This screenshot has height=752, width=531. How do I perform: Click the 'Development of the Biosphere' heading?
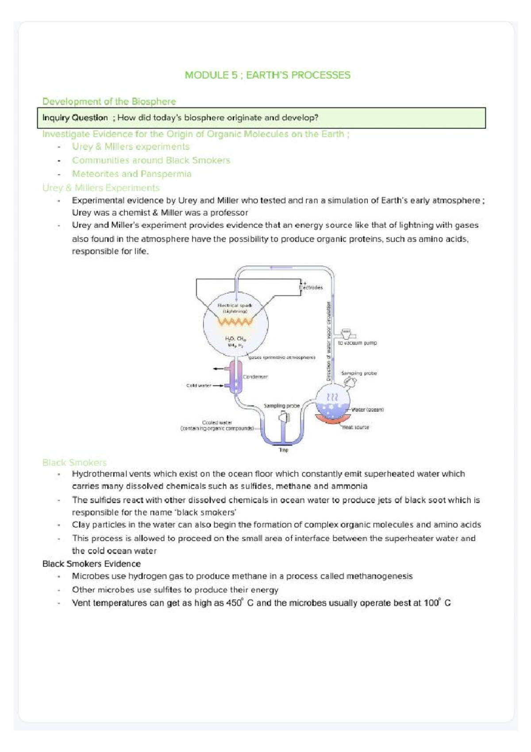pos(109,101)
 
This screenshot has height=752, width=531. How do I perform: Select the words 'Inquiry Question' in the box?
pos(75,118)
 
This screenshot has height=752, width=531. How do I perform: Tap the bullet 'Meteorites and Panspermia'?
pos(131,174)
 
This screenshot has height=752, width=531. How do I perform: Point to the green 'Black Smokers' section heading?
pos(74,462)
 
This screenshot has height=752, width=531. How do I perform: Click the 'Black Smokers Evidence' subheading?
pos(91,564)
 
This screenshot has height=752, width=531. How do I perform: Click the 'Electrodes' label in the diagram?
pos(311,287)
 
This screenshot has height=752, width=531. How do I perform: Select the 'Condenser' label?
pos(255,377)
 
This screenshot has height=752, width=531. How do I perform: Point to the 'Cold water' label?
pos(199,385)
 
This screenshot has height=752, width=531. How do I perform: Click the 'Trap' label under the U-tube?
pos(283,450)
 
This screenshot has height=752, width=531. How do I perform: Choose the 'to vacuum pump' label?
pos(357,343)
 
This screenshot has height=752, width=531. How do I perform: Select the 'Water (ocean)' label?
pos(367,410)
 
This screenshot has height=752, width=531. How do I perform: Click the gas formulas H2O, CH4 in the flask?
pos(235,339)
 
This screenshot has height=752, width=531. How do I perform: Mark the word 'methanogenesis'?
pos(379,576)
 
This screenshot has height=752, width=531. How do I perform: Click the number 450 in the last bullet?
pos(233,603)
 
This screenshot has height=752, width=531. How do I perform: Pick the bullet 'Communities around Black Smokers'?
pos(151,160)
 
